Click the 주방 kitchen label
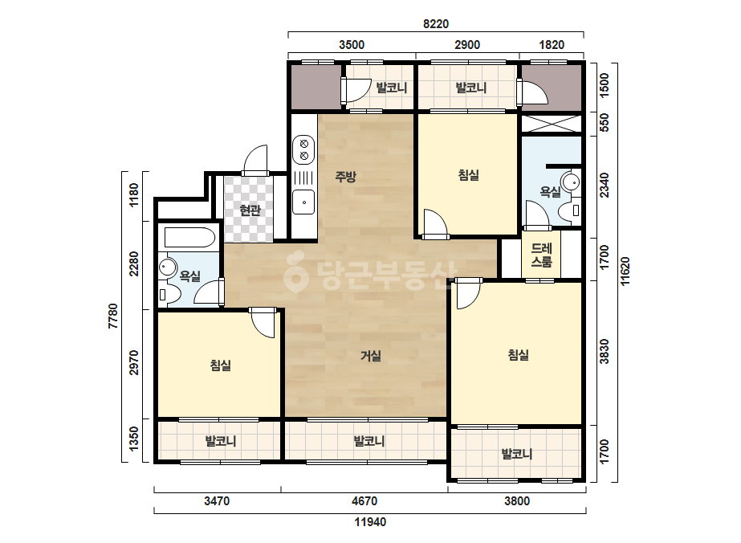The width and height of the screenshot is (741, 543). (x=345, y=177)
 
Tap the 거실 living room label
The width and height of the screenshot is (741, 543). (x=371, y=356)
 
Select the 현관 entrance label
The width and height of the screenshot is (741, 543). (x=250, y=210)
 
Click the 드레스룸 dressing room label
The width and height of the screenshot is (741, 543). (x=542, y=255)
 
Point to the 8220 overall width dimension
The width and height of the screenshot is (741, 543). (x=436, y=23)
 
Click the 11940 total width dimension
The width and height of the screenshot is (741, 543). (x=371, y=522)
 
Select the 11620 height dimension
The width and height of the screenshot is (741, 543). (x=625, y=271)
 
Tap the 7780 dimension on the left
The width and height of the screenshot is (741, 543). (x=113, y=316)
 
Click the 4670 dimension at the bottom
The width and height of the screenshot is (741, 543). (x=364, y=501)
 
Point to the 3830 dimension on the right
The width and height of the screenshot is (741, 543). (x=605, y=352)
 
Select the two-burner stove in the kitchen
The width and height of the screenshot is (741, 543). (x=304, y=149)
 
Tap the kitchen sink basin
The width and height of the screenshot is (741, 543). (x=303, y=202)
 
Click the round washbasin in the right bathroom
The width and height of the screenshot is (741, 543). (x=571, y=182)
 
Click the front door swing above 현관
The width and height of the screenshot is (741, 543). (x=255, y=161)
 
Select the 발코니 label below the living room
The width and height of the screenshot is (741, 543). (x=369, y=441)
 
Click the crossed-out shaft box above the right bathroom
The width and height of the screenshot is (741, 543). (x=551, y=124)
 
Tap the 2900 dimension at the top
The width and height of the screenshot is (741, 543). (x=467, y=45)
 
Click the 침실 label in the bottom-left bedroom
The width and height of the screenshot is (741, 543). (x=220, y=365)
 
